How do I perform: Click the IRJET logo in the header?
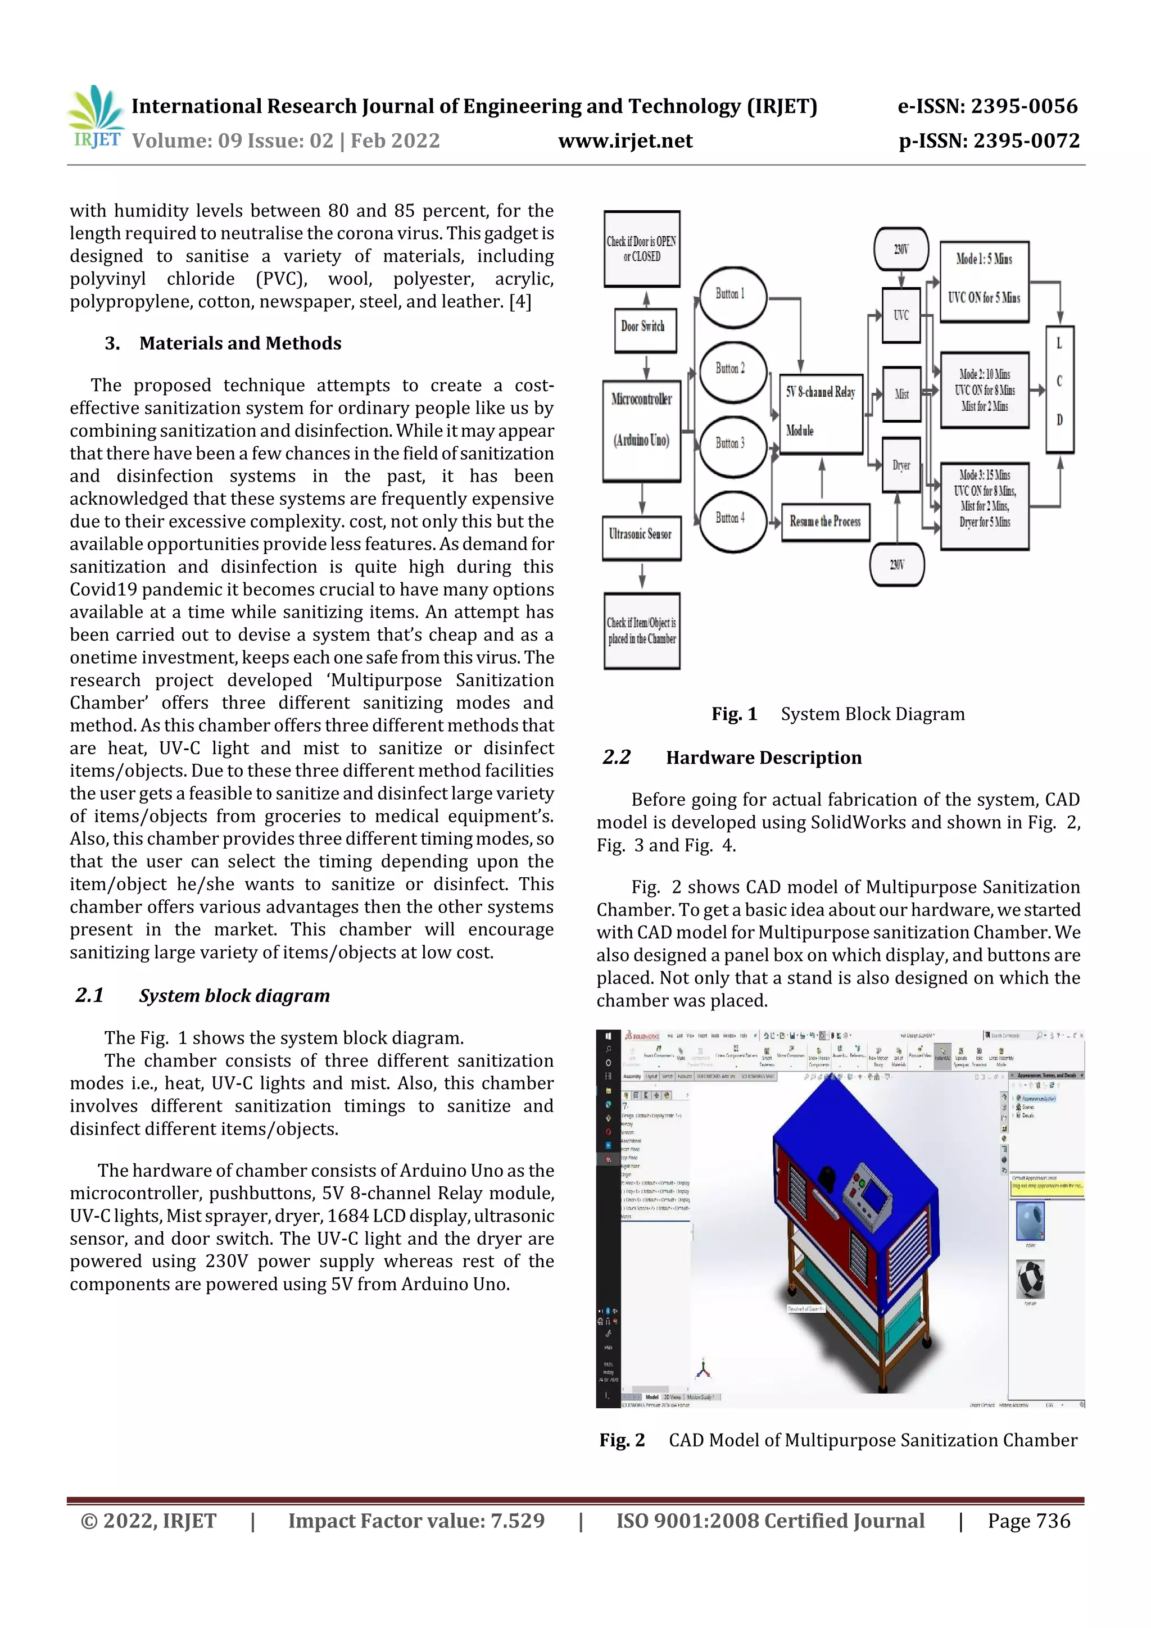(x=96, y=117)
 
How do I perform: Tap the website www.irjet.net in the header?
(x=625, y=141)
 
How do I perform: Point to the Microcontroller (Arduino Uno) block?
(x=641, y=431)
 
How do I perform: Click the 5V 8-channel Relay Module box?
(x=821, y=414)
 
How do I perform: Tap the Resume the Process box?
(x=826, y=523)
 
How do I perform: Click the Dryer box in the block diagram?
(x=901, y=466)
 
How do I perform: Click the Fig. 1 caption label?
(x=734, y=714)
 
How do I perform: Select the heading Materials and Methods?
(x=240, y=343)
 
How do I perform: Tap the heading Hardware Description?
(x=763, y=758)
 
